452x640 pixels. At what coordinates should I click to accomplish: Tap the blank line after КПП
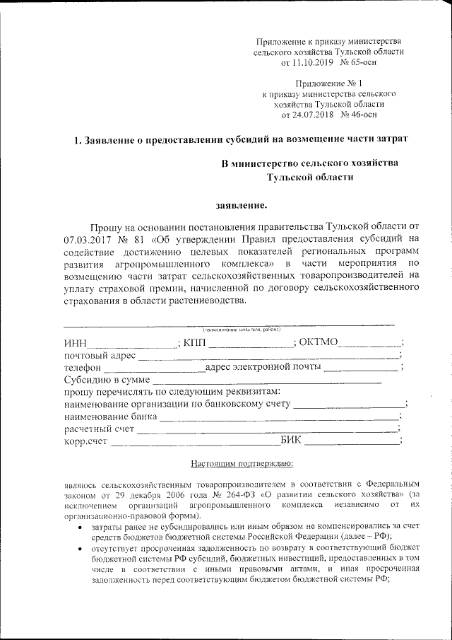[251, 344]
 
